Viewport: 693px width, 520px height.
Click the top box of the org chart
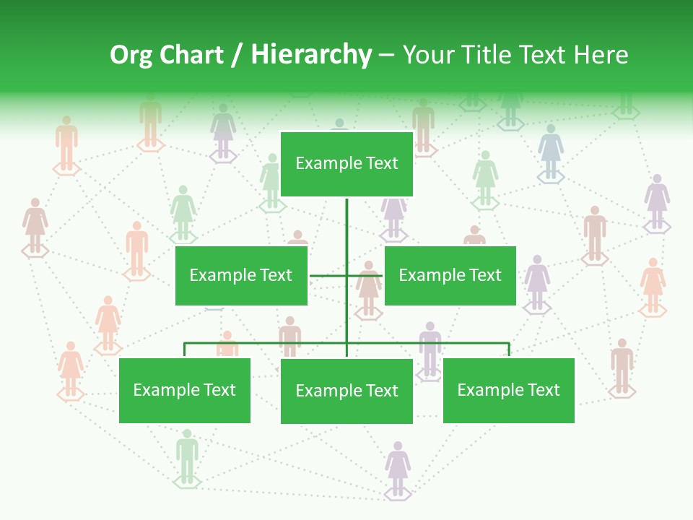[346, 164]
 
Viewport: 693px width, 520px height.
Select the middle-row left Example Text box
[241, 275]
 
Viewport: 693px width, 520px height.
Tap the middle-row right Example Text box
[450, 275]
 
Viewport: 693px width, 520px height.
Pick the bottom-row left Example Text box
[185, 391]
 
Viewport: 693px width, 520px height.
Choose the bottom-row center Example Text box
[346, 391]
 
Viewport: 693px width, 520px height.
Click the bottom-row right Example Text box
[508, 391]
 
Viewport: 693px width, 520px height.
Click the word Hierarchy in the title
[311, 55]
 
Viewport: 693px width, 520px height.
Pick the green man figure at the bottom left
[187, 455]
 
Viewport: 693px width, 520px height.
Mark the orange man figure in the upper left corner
[66, 142]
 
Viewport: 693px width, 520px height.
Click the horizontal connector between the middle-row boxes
[328, 275]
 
